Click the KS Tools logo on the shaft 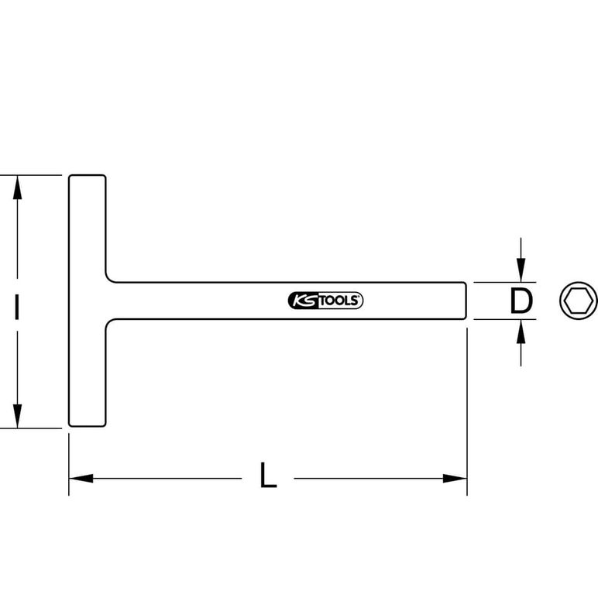tap(325, 301)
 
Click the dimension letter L tap(268, 475)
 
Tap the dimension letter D tap(521, 301)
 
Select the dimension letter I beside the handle tap(16, 306)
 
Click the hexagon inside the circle tap(579, 301)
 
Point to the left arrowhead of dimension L tap(81, 478)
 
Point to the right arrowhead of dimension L tap(455, 478)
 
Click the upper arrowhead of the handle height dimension tap(17, 187)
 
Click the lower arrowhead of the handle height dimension tap(17, 416)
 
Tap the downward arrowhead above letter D tap(521, 270)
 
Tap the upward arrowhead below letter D tap(521, 332)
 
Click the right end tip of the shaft tap(466, 301)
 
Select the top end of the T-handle tap(88, 175)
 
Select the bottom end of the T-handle tap(88, 426)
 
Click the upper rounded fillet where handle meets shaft tap(109, 279)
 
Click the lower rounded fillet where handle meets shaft tap(109, 323)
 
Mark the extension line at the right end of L tap(467, 412)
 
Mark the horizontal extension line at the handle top tap(31, 175)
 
